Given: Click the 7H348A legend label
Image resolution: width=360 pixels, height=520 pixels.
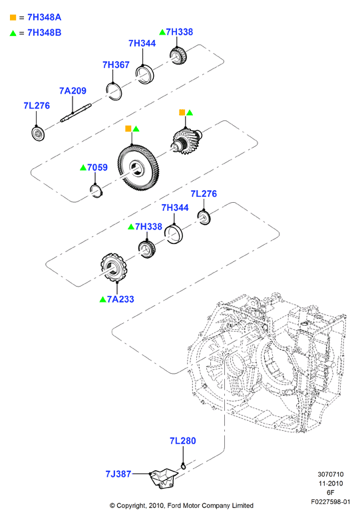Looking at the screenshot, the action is click(x=44, y=17).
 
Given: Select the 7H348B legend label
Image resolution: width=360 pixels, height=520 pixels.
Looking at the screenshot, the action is click(x=44, y=33).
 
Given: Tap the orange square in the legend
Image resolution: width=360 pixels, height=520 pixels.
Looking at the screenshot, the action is click(x=13, y=17).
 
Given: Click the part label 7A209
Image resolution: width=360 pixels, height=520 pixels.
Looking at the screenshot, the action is click(x=73, y=90).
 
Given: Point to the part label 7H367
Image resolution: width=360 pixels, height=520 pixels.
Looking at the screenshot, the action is click(x=116, y=65).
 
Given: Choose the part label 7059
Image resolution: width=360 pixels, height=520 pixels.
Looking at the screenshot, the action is click(x=97, y=168).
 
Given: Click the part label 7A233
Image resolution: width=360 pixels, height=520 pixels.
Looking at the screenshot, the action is click(x=120, y=299).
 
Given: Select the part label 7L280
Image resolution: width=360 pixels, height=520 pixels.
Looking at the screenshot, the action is click(x=183, y=441).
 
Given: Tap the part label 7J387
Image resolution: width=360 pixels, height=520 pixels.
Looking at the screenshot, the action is click(x=118, y=474).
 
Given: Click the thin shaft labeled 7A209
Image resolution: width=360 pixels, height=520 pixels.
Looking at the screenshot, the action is click(x=76, y=113).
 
